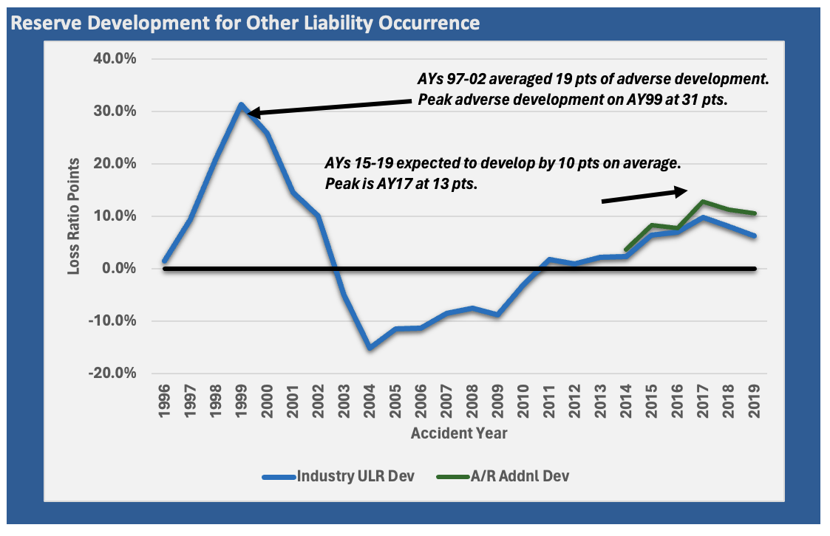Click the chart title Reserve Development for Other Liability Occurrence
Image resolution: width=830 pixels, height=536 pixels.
(x=245, y=23)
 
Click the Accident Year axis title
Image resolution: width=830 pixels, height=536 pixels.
(x=459, y=433)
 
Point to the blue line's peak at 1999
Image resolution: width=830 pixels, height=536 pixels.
(x=241, y=105)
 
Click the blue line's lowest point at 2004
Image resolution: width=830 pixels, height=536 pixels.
(x=370, y=348)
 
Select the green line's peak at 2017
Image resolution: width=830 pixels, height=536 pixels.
(x=704, y=201)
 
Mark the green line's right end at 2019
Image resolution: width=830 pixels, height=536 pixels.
(x=755, y=213)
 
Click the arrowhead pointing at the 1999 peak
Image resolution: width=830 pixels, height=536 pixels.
(x=251, y=113)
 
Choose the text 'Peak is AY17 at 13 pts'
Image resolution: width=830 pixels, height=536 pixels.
(x=401, y=183)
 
